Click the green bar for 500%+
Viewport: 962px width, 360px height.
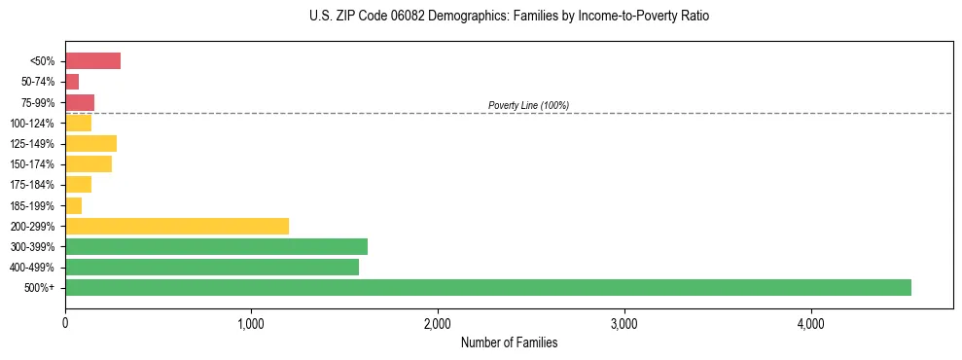(x=487, y=288)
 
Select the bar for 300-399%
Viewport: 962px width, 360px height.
(x=216, y=246)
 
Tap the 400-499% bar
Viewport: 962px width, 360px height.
(x=212, y=268)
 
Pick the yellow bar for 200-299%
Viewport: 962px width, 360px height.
(x=177, y=226)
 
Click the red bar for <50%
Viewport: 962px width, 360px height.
(x=92, y=61)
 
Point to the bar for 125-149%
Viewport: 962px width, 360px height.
(x=90, y=144)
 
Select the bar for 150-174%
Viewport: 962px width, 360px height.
(x=89, y=164)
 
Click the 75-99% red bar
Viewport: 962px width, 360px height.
(x=80, y=102)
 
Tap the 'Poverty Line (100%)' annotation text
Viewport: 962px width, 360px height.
(x=528, y=105)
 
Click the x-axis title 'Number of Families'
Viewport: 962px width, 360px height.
(x=509, y=342)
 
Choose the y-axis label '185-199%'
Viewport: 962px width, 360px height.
(x=32, y=206)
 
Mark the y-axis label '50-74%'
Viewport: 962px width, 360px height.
(x=37, y=83)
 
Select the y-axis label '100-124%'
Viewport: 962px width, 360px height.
(x=32, y=124)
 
